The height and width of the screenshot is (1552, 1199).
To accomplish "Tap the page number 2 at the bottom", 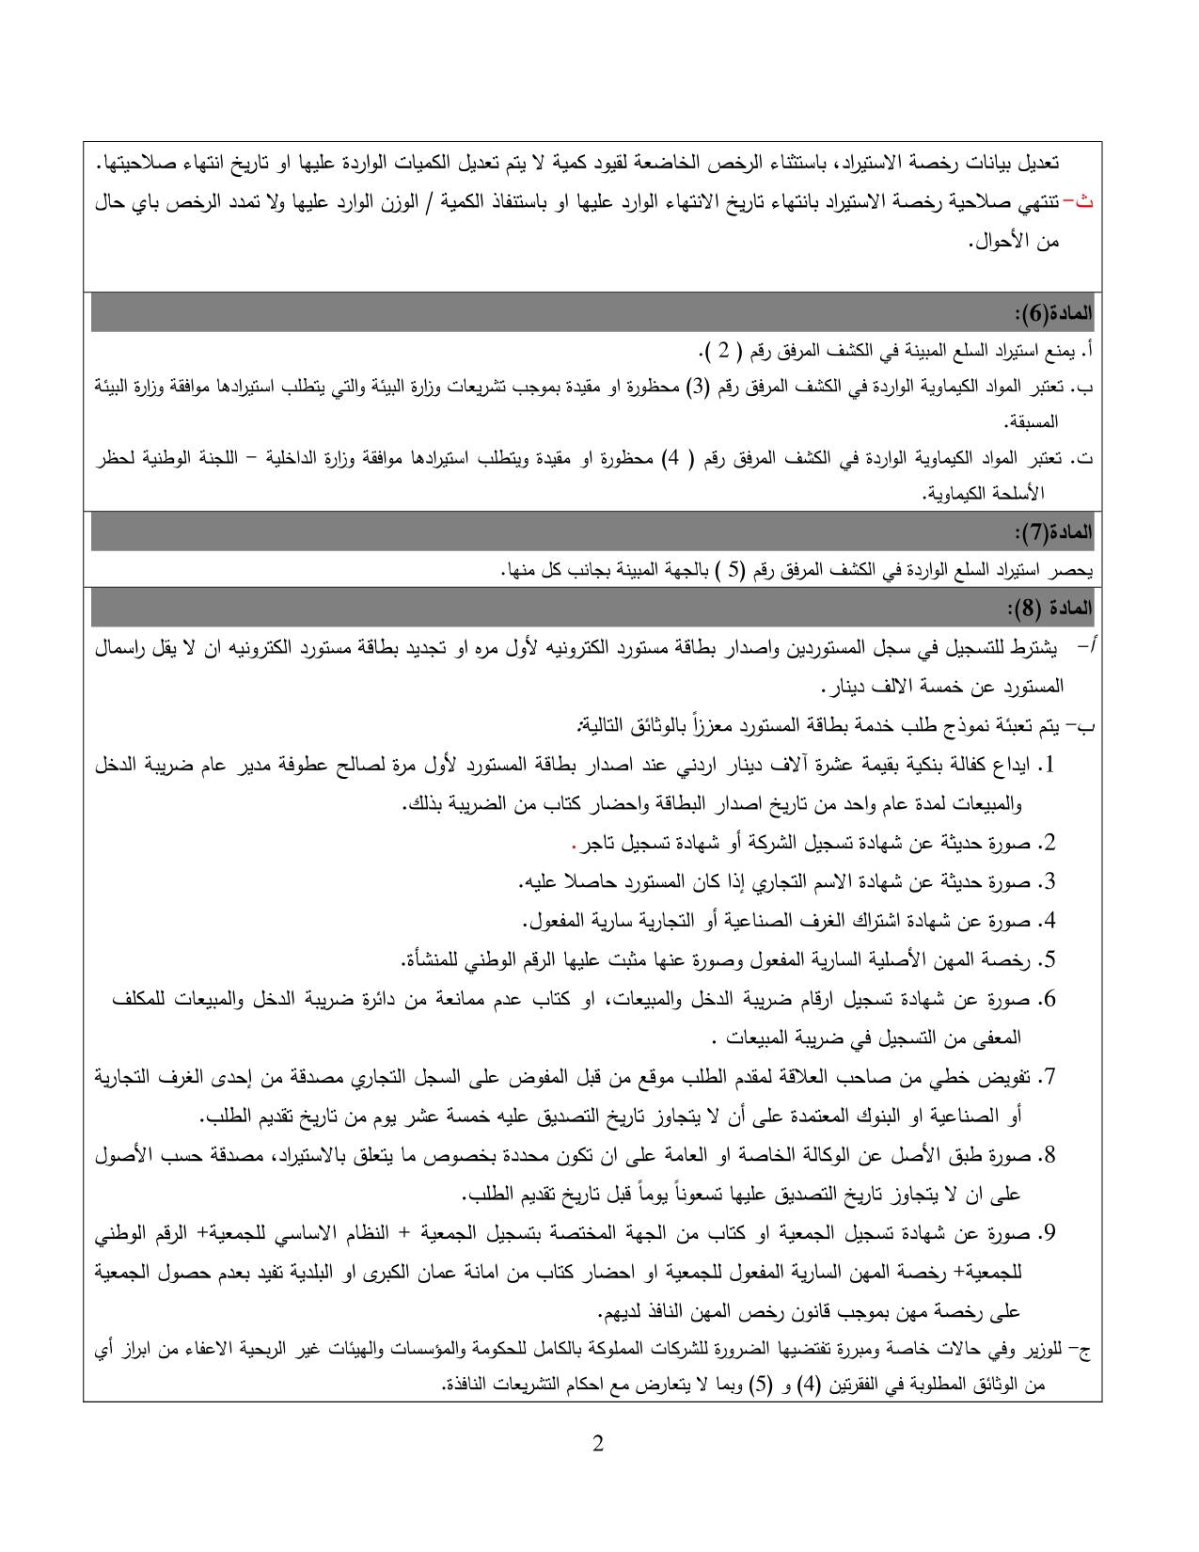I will pyautogui.click(x=598, y=1445).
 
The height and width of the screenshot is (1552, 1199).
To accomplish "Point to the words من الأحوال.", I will pyautogui.click(x=1013, y=243).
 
